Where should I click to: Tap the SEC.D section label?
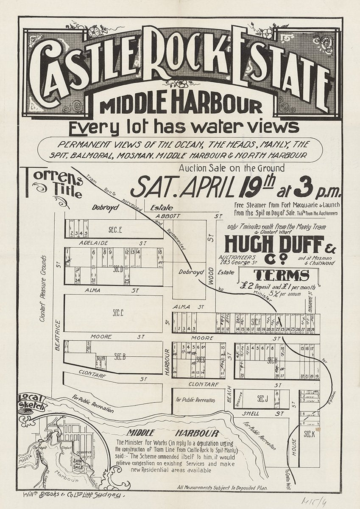[x=117, y=269]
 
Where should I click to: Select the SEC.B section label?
[x=120, y=357]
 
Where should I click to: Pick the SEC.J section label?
[x=263, y=399]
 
